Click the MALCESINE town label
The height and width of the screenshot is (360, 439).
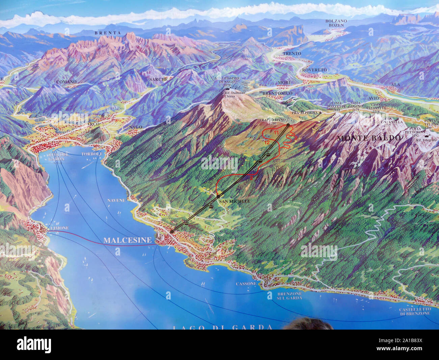point(127,240)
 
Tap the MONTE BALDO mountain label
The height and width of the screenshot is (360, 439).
point(369,138)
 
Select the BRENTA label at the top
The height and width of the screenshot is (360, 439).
point(108,33)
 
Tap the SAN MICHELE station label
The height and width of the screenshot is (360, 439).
point(235,201)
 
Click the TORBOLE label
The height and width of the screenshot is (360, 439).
point(92,154)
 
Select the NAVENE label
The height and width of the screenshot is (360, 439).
point(116,200)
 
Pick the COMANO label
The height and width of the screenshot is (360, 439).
point(66,82)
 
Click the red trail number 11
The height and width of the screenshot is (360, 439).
point(276,133)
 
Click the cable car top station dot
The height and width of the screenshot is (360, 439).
point(288,125)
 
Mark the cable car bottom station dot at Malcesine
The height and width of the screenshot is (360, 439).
point(172,232)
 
